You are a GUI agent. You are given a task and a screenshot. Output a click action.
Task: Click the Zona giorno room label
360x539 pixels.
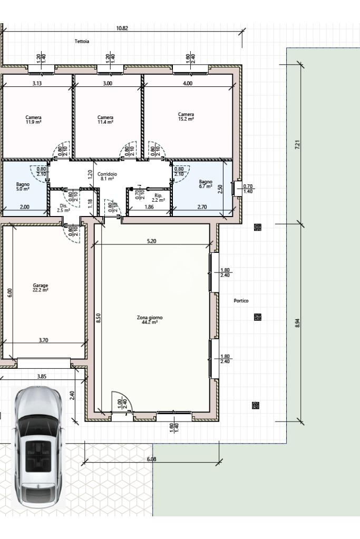click(x=150, y=320)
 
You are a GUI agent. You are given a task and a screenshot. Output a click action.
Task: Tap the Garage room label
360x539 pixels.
click(x=41, y=287)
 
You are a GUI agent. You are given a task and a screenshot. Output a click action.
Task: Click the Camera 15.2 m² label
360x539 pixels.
click(x=186, y=116)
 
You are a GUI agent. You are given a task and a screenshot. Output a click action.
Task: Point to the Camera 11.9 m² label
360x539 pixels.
click(x=33, y=120)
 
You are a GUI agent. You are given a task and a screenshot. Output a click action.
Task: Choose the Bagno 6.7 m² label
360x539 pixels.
click(x=206, y=184)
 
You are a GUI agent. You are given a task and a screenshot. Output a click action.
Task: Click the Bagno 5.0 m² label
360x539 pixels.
click(x=23, y=187)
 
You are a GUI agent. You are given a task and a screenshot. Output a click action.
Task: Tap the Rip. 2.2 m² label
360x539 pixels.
click(x=158, y=198)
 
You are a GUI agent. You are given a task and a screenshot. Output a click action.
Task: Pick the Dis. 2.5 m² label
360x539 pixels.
click(x=63, y=208)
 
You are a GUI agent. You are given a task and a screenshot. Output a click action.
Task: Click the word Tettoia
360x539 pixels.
click(x=82, y=41)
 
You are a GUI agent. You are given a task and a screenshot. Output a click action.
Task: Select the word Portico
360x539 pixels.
click(x=241, y=300)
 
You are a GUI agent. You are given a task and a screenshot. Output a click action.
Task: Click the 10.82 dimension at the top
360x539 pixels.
click(x=122, y=28)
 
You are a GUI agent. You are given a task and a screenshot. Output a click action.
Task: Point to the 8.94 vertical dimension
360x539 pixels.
click(x=298, y=323)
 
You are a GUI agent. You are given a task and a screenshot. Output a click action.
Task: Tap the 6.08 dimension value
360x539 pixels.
click(x=152, y=459)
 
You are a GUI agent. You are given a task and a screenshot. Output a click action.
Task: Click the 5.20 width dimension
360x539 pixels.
click(x=152, y=241)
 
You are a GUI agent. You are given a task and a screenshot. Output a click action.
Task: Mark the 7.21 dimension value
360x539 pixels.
click(x=298, y=144)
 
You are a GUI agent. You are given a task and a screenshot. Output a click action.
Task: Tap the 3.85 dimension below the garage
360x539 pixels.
click(x=42, y=376)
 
